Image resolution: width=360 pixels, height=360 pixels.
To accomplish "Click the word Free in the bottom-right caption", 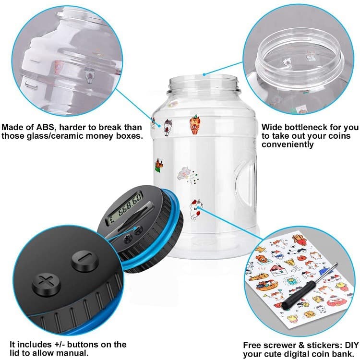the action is (x=252, y=345).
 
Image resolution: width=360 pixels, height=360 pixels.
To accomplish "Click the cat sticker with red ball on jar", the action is (x=197, y=209).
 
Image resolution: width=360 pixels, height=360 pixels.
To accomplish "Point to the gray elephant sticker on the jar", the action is (x=185, y=174).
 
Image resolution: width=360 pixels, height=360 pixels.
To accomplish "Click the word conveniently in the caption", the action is (x=288, y=144).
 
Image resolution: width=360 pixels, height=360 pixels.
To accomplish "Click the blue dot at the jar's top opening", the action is (x=204, y=74).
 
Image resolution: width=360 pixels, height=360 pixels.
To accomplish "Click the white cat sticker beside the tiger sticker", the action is (x=168, y=127).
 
